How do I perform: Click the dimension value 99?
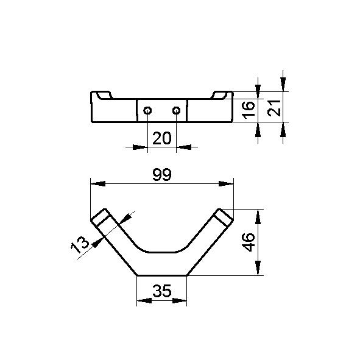[162, 174]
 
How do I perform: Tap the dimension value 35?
[162, 291]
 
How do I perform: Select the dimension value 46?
[249, 242]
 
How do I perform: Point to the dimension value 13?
[80, 245]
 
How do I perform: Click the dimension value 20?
[162, 138]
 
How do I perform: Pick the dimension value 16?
[249, 110]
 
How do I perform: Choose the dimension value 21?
[274, 108]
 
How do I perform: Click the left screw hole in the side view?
[147, 111]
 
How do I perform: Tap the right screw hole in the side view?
[176, 111]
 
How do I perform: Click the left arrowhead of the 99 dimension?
[98, 184]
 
